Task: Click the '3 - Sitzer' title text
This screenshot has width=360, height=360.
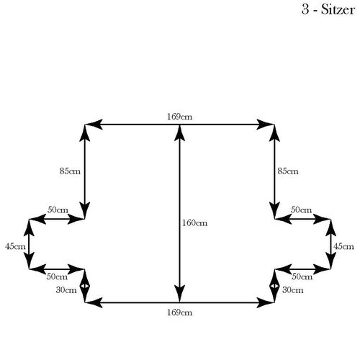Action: (x=328, y=10)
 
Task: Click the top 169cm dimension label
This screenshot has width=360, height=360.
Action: (x=180, y=117)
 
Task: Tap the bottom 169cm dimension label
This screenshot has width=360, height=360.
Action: (x=180, y=312)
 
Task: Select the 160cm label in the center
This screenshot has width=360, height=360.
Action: (x=194, y=223)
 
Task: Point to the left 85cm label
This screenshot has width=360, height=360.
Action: (x=70, y=171)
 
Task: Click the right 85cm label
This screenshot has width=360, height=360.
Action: (x=288, y=171)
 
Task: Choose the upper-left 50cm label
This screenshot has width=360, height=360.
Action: (x=58, y=210)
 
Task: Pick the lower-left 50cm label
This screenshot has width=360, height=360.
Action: (x=57, y=276)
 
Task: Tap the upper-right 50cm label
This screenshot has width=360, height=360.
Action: (x=301, y=210)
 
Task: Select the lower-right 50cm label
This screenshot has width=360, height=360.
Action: (x=302, y=276)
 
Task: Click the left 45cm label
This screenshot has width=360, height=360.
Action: (x=15, y=246)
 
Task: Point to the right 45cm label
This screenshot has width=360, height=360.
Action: (x=343, y=246)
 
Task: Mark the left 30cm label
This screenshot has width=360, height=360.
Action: (x=66, y=290)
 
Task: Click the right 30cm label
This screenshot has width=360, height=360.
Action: (x=293, y=290)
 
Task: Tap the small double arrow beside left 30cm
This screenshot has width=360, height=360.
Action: (x=84, y=286)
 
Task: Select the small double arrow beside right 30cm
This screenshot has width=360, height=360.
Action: (x=274, y=286)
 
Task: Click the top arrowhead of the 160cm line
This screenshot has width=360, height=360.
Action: (x=179, y=132)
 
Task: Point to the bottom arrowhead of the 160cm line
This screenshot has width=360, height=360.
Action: (x=179, y=294)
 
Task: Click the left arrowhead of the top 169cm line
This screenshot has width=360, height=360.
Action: (x=94, y=125)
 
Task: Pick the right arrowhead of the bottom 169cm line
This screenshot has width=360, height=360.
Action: (x=266, y=302)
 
